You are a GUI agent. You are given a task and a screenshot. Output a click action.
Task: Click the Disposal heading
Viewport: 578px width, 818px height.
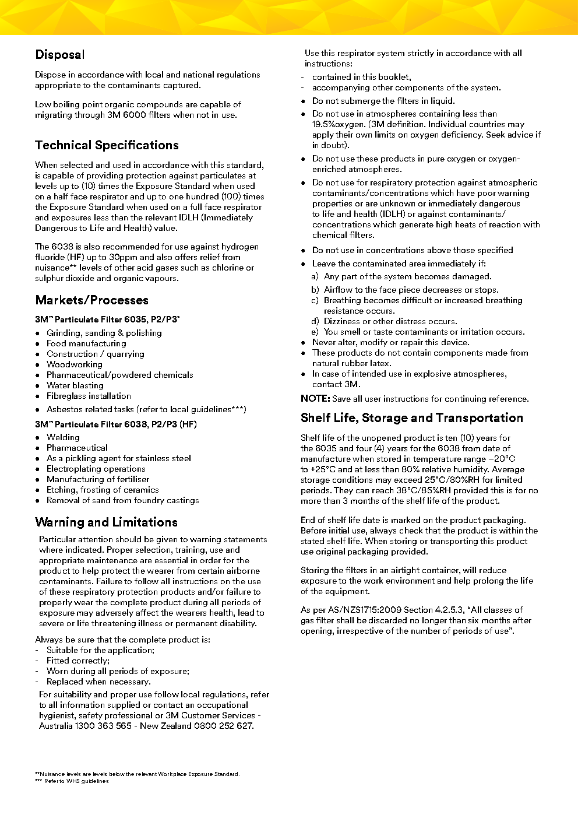click(59, 55)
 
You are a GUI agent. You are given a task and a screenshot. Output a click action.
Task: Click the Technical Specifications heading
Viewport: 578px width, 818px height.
click(107, 145)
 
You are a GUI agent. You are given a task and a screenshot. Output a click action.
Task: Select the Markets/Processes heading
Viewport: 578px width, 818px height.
click(91, 300)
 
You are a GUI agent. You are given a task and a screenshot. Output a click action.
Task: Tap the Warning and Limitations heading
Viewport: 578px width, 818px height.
click(106, 522)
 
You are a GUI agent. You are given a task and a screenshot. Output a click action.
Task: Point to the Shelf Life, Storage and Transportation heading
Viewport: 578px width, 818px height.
click(411, 418)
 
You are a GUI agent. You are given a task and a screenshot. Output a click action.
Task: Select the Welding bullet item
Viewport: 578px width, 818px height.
click(63, 437)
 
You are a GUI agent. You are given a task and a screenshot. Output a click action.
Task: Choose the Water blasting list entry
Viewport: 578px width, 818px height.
click(75, 385)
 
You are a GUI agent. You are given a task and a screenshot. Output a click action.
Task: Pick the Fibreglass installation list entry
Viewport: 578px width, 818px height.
click(89, 396)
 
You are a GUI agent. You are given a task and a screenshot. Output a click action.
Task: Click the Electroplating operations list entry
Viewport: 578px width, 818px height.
click(96, 469)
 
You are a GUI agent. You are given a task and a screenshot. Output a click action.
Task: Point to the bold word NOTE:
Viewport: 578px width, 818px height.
click(315, 399)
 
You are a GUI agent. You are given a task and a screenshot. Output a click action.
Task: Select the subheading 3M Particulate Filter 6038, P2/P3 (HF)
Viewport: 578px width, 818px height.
click(115, 424)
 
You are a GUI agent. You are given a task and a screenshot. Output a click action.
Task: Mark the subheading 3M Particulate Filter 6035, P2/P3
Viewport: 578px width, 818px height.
click(107, 320)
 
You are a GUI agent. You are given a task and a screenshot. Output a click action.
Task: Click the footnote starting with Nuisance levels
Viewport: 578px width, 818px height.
click(138, 774)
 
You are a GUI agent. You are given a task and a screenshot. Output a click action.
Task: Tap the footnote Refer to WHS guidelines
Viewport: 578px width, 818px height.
click(72, 781)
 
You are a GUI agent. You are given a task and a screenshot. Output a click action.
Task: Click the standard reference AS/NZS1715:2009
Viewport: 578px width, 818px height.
click(348, 610)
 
